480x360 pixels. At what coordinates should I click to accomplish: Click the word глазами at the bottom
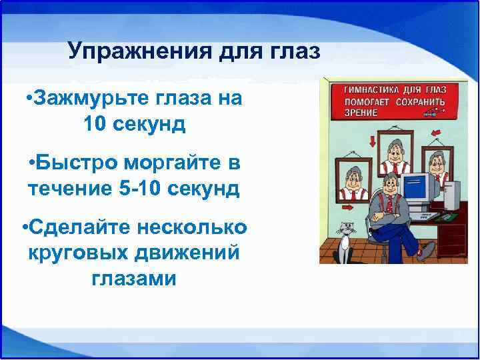(134, 278)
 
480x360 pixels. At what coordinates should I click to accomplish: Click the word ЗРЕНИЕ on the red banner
(361, 113)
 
